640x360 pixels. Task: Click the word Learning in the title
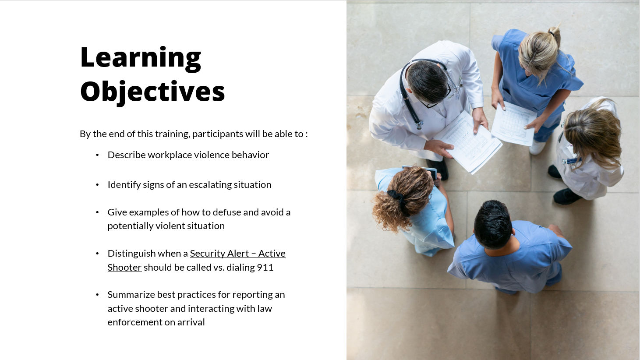pyautogui.click(x=141, y=59)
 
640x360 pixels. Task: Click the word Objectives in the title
pyautogui.click(x=152, y=92)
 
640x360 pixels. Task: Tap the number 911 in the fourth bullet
pyautogui.click(x=265, y=268)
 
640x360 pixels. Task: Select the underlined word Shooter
pyautogui.click(x=124, y=268)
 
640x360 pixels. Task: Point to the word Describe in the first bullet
pyautogui.click(x=127, y=155)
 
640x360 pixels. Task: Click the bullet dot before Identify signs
pyautogui.click(x=97, y=185)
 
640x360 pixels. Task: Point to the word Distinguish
pyautogui.click(x=131, y=254)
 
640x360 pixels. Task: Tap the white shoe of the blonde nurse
pyautogui.click(x=537, y=148)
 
